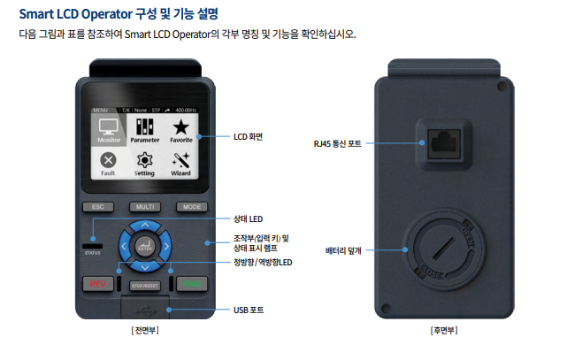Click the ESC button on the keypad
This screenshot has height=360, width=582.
[98, 206]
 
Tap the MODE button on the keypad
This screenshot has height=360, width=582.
[189, 206]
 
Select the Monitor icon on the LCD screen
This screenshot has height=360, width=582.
[110, 130]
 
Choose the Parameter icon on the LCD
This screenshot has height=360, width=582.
[144, 130]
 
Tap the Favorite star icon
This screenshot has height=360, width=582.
[180, 130]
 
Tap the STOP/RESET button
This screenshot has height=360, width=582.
[143, 285]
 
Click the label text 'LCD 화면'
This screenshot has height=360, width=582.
[249, 136]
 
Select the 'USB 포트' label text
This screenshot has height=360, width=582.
[248, 310]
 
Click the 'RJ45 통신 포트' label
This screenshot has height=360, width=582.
[338, 142]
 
